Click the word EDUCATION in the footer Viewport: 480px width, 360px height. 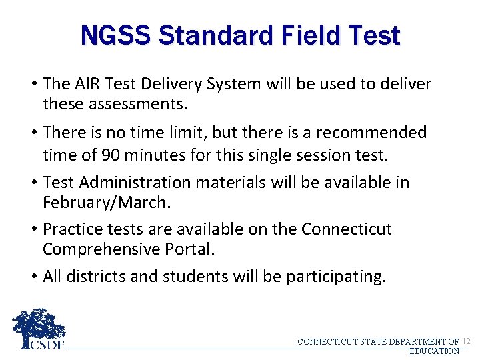pos(434,351)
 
